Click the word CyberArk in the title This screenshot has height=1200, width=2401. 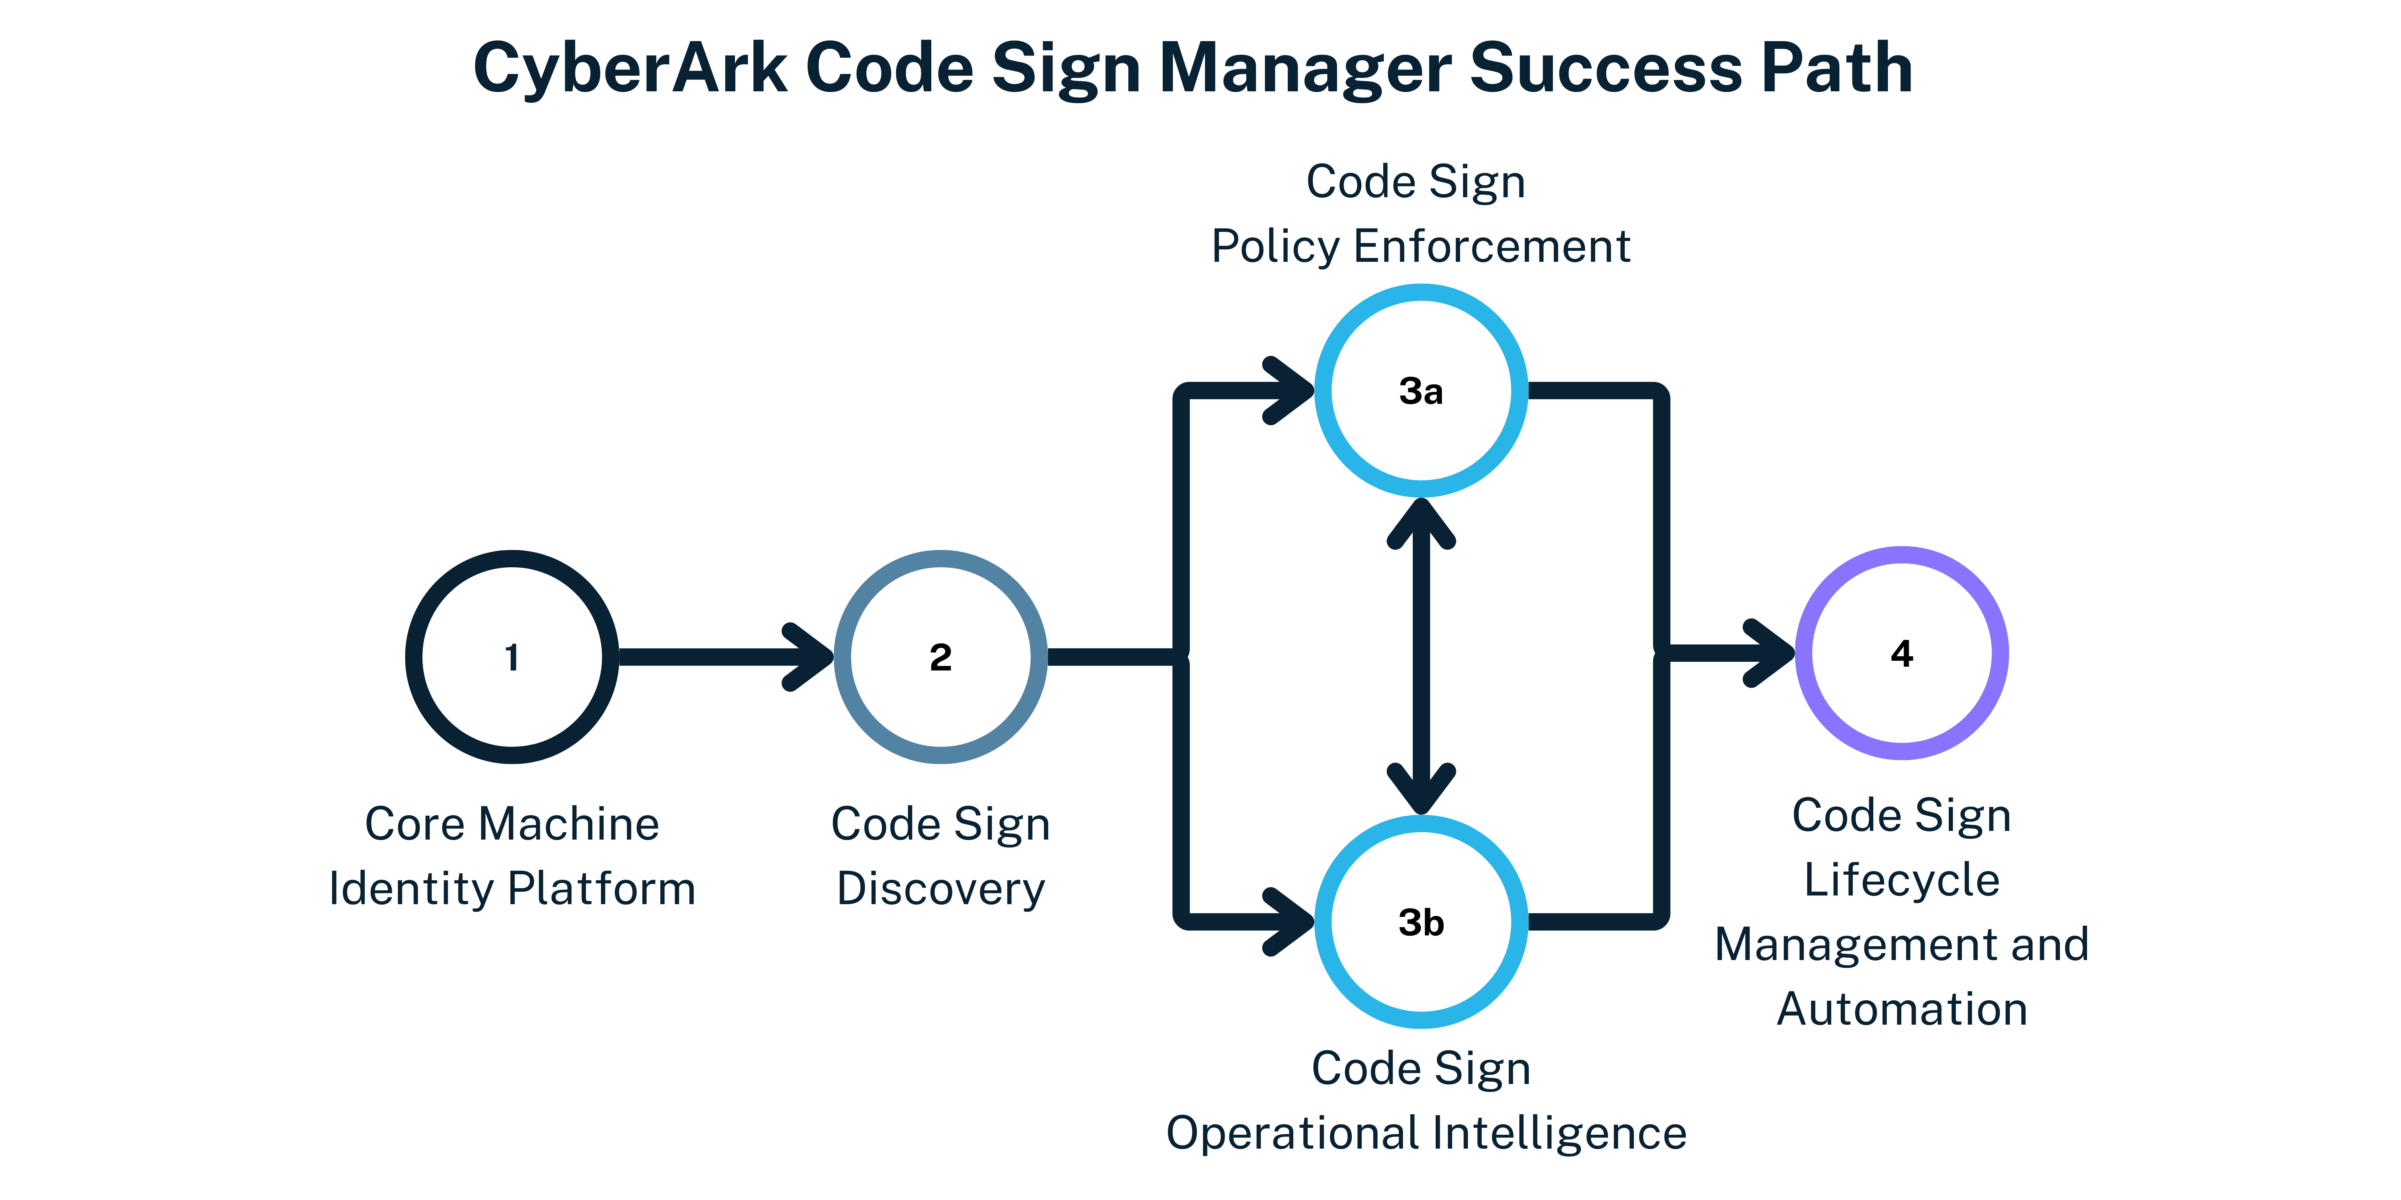(630, 69)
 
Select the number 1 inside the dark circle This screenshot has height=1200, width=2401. (512, 658)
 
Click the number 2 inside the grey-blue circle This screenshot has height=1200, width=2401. (940, 658)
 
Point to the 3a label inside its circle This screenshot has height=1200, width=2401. (1420, 391)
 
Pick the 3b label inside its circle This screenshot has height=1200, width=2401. (1420, 923)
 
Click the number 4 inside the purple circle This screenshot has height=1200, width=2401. (1901, 654)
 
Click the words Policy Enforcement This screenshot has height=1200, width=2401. (1420, 247)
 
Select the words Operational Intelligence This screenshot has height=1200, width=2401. (1426, 1134)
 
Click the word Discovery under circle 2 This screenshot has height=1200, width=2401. (940, 889)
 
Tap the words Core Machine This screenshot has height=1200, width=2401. (512, 825)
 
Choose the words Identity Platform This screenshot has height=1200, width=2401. (512, 889)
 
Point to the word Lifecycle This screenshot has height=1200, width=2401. (1901, 881)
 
